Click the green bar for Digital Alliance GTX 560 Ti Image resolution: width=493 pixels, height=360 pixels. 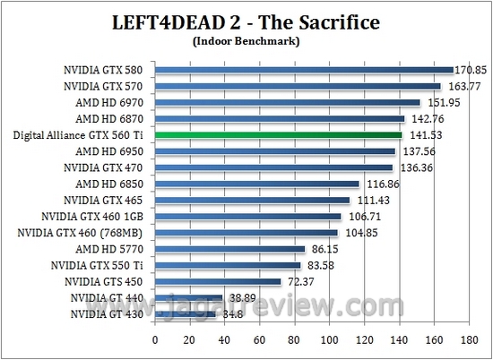pos(278,135)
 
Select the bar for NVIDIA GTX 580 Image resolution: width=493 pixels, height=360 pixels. pos(304,70)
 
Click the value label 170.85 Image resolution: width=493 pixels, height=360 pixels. pos(471,69)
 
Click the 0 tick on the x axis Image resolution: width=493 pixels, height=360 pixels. pos(155,340)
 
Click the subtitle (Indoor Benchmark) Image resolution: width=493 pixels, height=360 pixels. pos(246,40)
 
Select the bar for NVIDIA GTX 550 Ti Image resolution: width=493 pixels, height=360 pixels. pos(228,265)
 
